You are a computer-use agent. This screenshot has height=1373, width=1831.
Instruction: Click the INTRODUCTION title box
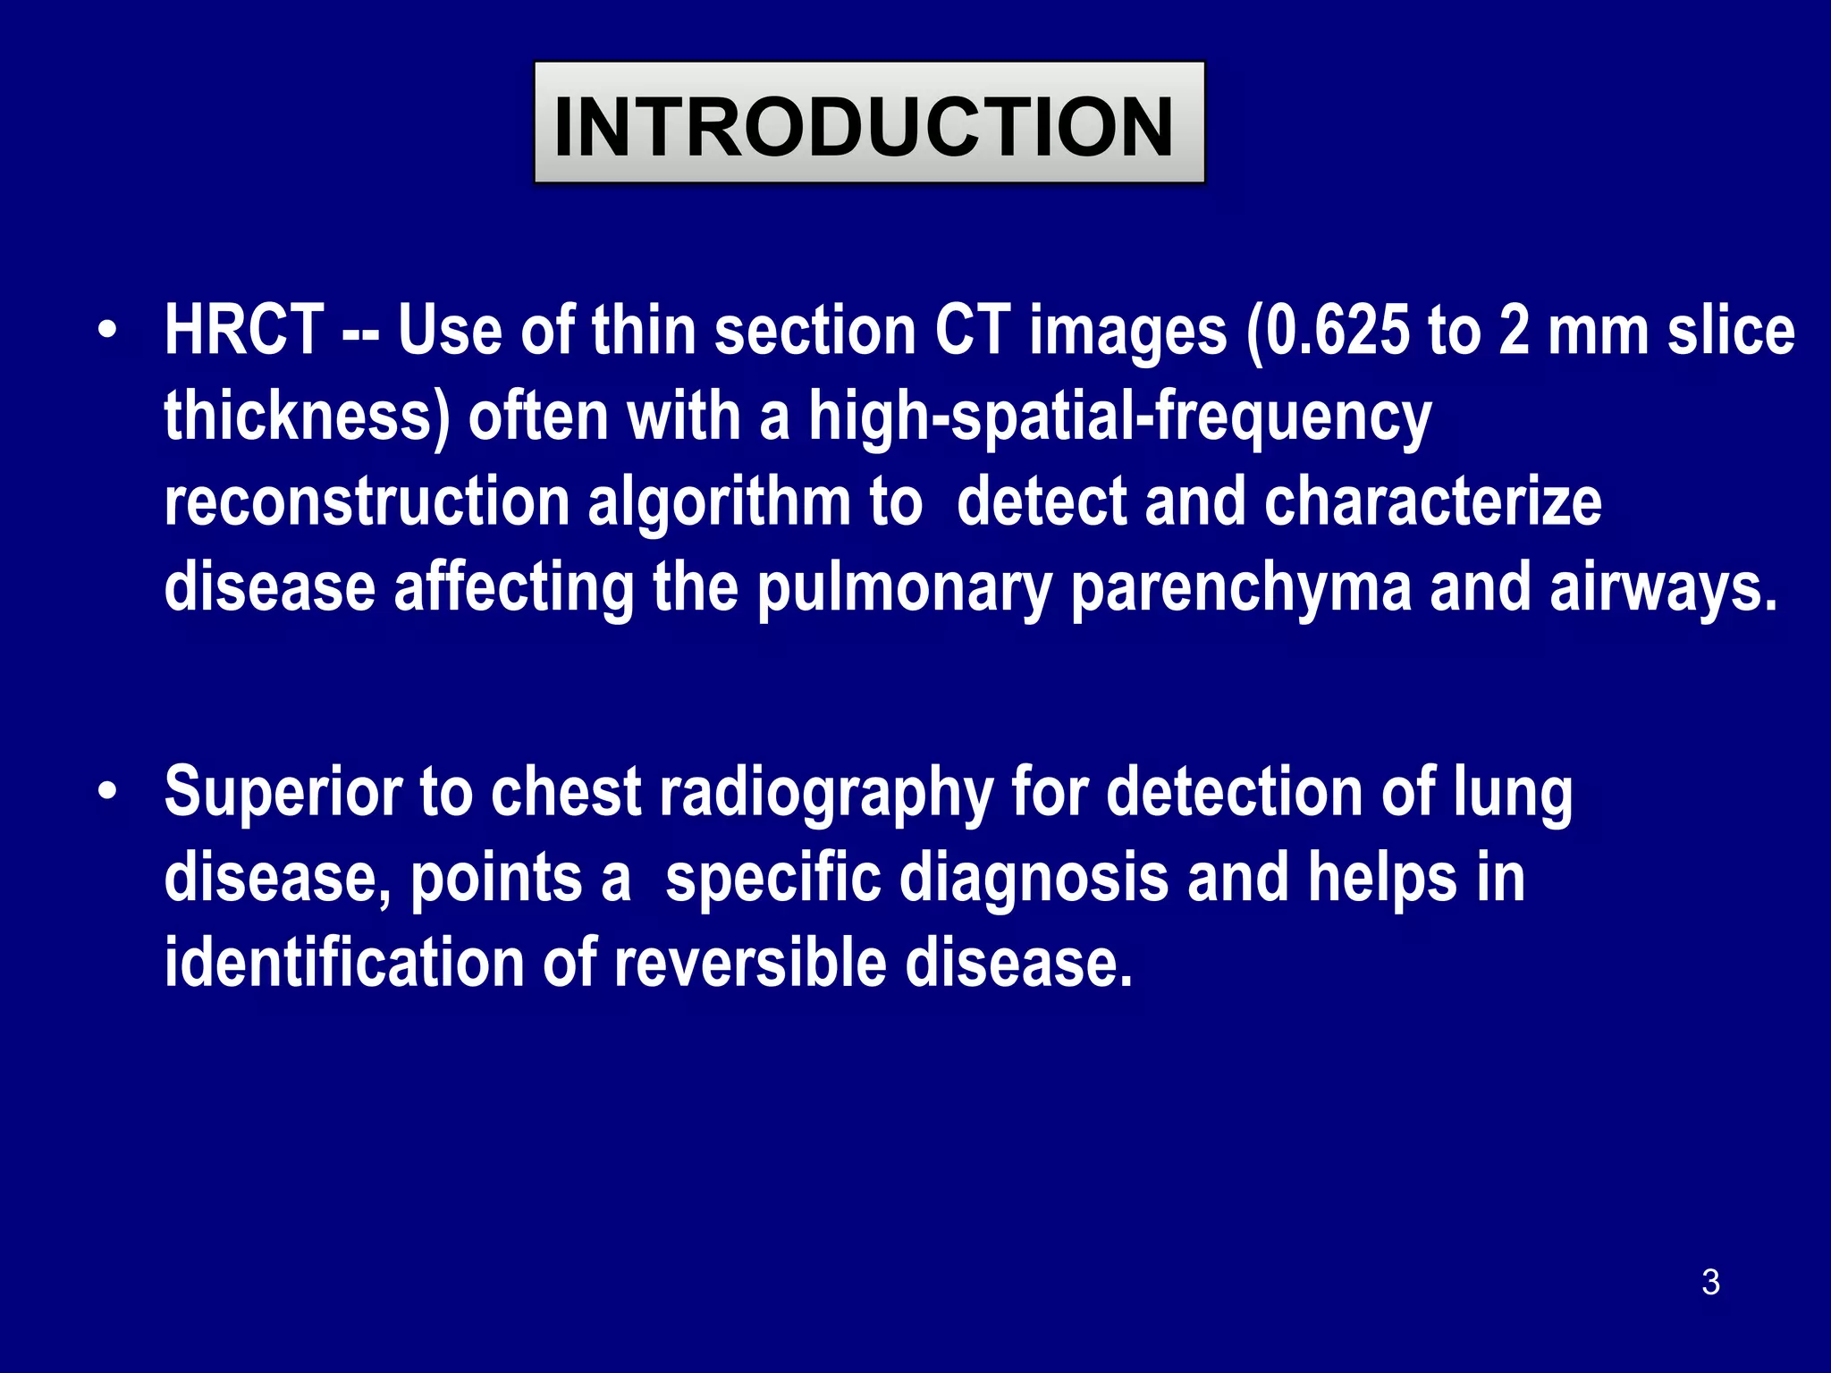click(x=869, y=123)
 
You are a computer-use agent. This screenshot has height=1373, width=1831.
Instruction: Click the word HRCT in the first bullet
click(x=243, y=331)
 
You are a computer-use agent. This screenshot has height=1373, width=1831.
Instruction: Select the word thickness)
click(x=307, y=417)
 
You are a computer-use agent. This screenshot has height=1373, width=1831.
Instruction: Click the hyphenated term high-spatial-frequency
click(x=1119, y=417)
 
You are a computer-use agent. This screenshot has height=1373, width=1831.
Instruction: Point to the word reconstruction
click(x=367, y=501)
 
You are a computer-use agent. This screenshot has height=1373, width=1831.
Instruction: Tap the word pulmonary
click(x=904, y=587)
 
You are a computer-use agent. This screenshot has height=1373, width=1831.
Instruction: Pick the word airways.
click(x=1663, y=587)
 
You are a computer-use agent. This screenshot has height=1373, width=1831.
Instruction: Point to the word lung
click(x=1512, y=793)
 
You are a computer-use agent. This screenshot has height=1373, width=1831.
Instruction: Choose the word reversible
click(x=748, y=964)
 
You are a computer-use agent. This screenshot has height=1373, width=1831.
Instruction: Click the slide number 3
click(x=1710, y=1282)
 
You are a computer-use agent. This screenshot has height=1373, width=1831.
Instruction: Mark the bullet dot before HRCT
click(x=108, y=331)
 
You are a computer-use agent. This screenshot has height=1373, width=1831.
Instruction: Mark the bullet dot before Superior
click(x=108, y=793)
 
